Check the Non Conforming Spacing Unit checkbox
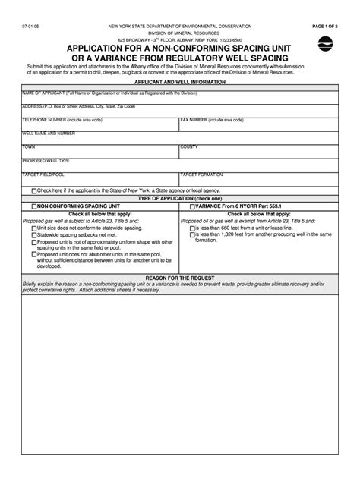tap(34, 206)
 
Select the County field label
tap(190, 146)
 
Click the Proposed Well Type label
tap(46, 160)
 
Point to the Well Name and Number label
tap(49, 133)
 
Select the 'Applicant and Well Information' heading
tap(180, 80)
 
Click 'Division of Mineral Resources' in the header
tap(180, 33)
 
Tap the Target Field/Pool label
tap(43, 174)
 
